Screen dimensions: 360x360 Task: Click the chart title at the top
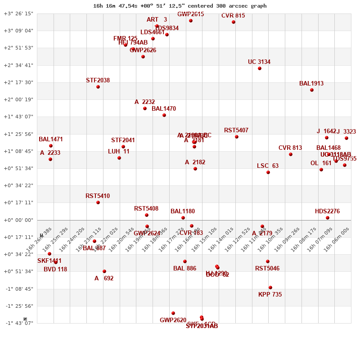click(180, 6)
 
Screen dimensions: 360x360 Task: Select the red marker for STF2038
click(98, 87)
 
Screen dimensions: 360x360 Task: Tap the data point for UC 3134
click(260, 68)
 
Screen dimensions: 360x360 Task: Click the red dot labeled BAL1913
click(312, 90)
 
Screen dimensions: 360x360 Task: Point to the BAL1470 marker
click(164, 115)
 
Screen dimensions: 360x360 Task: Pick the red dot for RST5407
click(237, 137)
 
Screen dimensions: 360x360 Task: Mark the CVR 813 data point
click(291, 154)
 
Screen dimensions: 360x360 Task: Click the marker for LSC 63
click(268, 172)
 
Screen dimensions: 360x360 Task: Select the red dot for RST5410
click(98, 202)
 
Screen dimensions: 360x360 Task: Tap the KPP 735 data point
click(270, 288)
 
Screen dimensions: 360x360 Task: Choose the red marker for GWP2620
click(173, 313)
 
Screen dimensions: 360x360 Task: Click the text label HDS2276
click(327, 211)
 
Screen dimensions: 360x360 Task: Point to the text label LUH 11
click(119, 152)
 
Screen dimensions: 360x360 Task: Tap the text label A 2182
click(195, 162)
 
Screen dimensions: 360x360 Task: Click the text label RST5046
click(267, 269)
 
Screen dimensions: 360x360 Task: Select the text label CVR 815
click(233, 16)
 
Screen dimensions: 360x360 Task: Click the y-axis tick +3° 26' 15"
click(18, 13)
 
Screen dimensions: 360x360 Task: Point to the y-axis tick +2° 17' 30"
click(18, 82)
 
